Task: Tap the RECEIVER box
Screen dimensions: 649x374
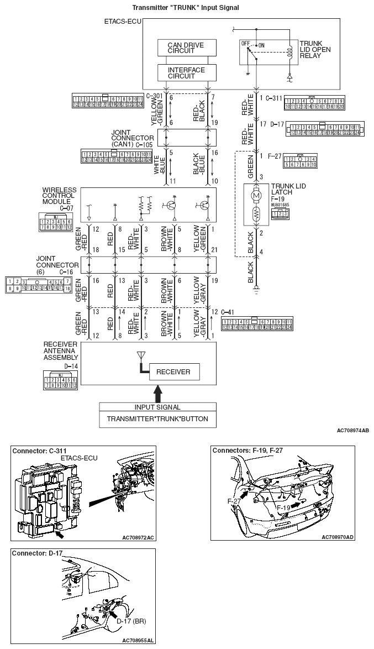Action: click(x=173, y=371)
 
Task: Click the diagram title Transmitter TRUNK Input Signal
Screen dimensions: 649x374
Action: click(x=186, y=7)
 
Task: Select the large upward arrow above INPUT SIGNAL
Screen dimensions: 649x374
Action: click(x=157, y=394)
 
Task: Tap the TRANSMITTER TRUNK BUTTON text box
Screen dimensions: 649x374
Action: click(x=157, y=418)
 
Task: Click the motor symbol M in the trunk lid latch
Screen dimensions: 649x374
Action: click(x=255, y=195)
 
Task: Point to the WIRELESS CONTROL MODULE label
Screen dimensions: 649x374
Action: click(x=59, y=197)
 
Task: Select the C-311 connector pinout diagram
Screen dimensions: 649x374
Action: click(x=314, y=103)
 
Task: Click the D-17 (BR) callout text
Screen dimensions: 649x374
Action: click(x=131, y=621)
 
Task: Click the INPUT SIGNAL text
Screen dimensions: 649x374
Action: click(x=157, y=407)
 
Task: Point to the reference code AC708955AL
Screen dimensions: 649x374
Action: click(x=138, y=640)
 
